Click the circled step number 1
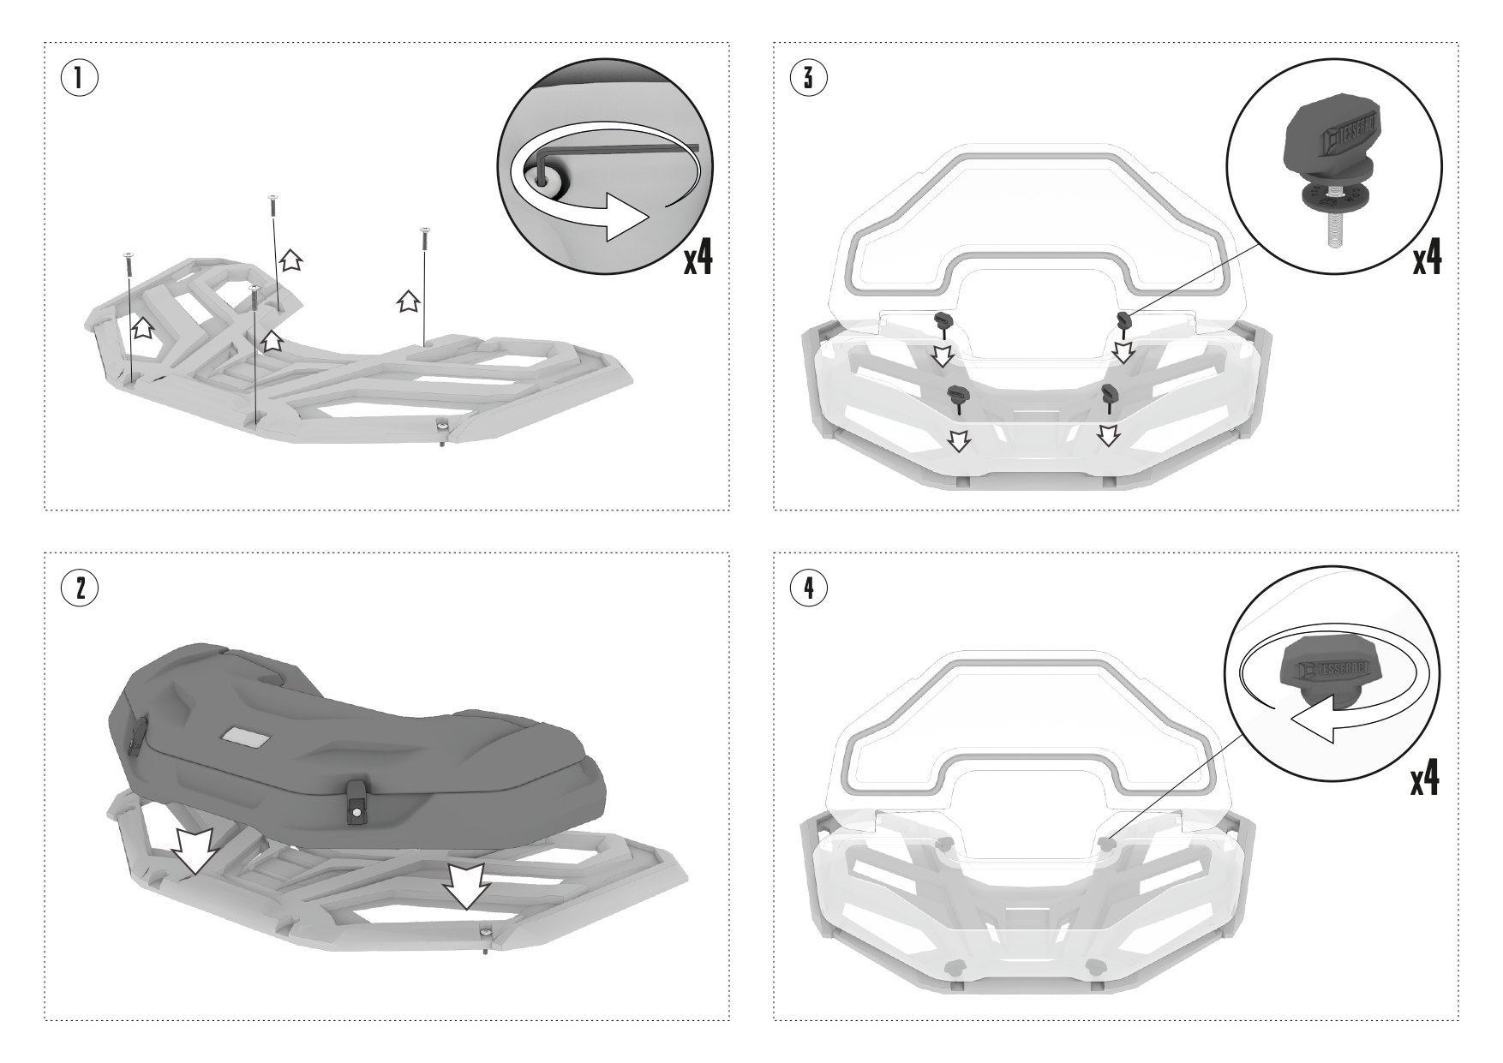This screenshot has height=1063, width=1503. (x=79, y=79)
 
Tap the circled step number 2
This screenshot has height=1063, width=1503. (x=79, y=588)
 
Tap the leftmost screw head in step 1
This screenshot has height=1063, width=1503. (x=129, y=254)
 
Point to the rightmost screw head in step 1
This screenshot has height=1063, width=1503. (x=423, y=230)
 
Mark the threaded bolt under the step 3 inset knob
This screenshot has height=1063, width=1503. (x=1331, y=229)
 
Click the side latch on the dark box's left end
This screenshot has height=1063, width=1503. (x=135, y=735)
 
